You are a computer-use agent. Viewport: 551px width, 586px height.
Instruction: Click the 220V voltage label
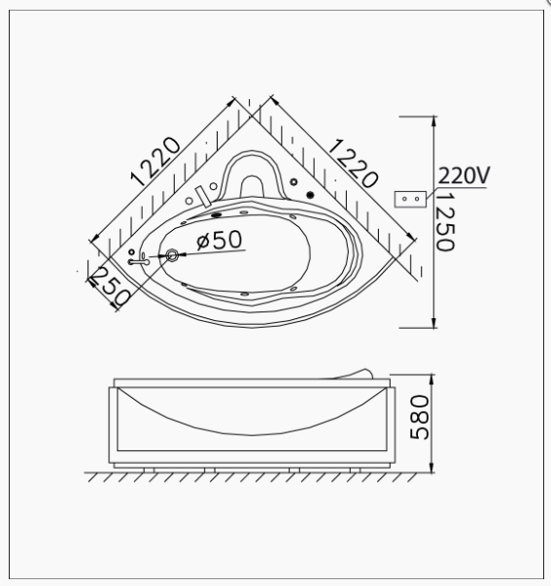[465, 175]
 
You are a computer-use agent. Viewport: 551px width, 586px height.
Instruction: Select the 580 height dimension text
[419, 416]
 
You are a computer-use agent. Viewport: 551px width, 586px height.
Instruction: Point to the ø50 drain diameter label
[219, 241]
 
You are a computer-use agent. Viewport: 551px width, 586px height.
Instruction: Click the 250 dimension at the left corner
[106, 286]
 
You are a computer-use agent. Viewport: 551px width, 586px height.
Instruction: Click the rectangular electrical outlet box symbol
[408, 197]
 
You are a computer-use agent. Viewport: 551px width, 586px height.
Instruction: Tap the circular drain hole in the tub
[172, 255]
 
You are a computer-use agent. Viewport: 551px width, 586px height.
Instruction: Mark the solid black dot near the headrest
[311, 195]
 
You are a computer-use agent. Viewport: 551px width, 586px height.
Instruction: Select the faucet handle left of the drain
[140, 259]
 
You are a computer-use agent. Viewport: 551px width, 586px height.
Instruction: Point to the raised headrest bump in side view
[365, 373]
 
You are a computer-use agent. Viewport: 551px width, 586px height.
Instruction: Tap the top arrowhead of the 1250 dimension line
[432, 118]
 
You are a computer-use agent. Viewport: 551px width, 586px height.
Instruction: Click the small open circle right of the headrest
[293, 182]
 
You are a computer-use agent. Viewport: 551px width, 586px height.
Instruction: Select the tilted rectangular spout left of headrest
[203, 193]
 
